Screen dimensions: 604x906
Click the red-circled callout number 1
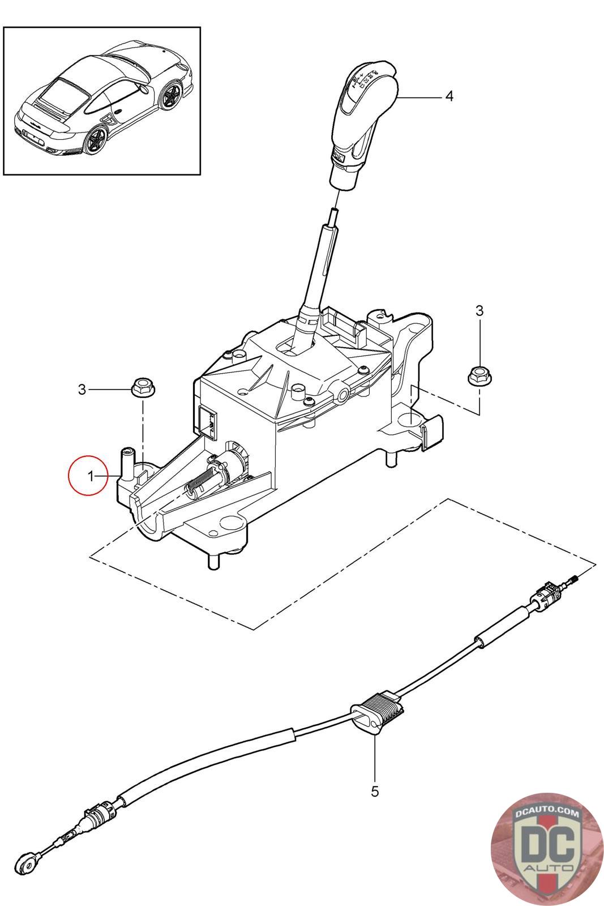91,477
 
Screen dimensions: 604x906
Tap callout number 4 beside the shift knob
449,96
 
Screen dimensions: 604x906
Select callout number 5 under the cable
375,791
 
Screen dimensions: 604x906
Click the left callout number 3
83,390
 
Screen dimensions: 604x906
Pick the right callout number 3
479,310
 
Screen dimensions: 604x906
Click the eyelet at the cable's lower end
27,860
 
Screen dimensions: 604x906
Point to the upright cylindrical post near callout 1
126,460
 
